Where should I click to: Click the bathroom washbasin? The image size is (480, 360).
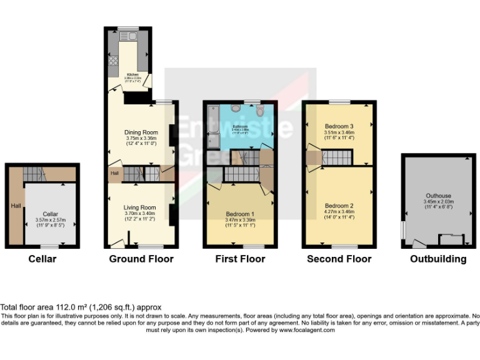click(235, 108)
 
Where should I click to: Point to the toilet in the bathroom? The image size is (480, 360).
click(260, 111)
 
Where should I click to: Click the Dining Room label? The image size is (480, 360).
click(140, 132)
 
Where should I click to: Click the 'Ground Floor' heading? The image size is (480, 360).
click(141, 259)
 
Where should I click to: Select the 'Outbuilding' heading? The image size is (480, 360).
click(438, 259)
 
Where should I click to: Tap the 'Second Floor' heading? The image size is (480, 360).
click(339, 259)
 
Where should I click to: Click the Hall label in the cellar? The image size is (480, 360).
click(15, 205)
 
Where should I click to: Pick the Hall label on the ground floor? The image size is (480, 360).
click(115, 174)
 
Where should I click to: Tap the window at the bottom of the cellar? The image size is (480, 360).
click(51, 247)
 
